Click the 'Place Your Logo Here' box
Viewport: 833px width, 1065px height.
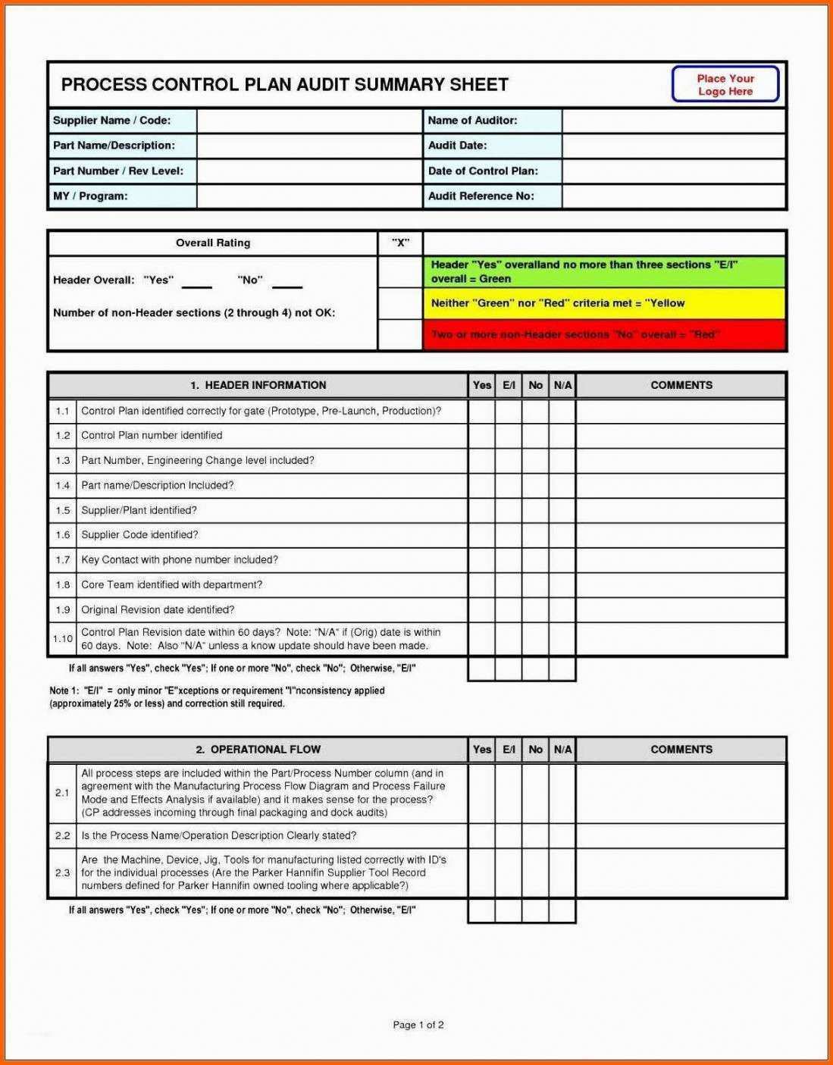[725, 84]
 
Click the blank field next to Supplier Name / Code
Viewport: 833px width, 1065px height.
[309, 121]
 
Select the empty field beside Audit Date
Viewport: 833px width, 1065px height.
[673, 146]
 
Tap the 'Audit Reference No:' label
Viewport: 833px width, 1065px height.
[481, 196]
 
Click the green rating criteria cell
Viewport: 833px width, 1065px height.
[604, 272]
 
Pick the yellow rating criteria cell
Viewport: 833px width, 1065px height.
[604, 303]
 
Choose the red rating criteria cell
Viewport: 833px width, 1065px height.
[604, 335]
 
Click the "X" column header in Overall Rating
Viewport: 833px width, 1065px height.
[400, 243]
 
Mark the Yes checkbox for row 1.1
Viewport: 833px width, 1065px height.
[481, 412]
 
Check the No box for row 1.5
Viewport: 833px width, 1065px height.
[535, 511]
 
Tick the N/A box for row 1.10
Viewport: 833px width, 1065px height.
[562, 639]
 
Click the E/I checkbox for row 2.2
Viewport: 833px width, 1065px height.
[509, 836]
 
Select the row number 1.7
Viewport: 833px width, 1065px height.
[63, 560]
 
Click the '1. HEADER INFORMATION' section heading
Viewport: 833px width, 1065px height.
[258, 386]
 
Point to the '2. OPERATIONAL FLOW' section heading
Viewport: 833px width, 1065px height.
[258, 750]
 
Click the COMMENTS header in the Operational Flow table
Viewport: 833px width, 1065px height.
[681, 750]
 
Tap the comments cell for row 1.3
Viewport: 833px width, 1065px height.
[681, 461]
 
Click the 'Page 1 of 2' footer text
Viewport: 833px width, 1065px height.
[418, 1025]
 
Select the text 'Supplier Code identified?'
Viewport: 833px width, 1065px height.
[139, 535]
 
